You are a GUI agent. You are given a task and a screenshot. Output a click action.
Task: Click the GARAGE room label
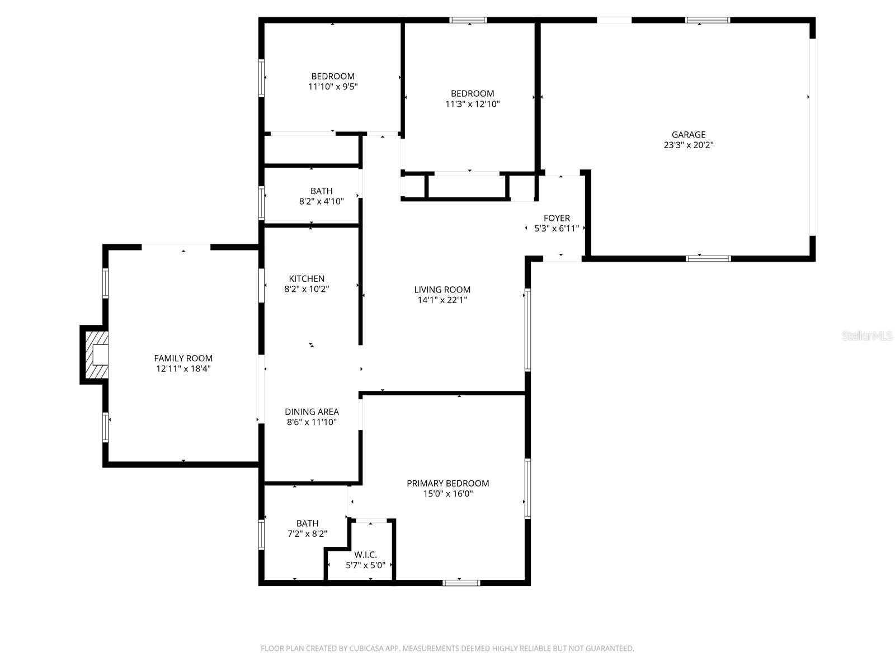689,134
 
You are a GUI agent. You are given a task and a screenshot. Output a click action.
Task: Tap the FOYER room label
557,218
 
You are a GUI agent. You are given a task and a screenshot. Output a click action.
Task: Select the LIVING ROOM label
442,289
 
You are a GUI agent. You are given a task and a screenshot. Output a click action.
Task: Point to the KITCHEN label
307,278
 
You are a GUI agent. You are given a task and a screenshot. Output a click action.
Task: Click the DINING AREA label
312,412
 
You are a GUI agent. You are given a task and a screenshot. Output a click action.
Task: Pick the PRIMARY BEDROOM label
447,483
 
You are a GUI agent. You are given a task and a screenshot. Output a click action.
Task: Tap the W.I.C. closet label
365,555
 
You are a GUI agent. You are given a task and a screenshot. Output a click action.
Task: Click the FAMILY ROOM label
183,358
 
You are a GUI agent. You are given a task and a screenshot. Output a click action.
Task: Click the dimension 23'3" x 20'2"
689,145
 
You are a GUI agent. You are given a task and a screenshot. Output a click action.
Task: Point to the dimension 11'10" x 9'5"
333,87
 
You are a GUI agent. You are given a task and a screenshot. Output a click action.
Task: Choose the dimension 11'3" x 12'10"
472,104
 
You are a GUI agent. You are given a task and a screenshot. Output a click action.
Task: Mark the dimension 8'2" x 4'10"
321,201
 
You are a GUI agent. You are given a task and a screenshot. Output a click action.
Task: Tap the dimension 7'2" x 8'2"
307,534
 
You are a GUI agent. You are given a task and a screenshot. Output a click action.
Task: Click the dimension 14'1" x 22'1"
442,300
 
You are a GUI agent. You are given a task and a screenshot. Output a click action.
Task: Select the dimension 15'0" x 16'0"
447,494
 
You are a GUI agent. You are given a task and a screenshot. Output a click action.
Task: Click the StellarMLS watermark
867,335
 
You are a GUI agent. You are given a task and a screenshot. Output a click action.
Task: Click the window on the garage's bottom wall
708,258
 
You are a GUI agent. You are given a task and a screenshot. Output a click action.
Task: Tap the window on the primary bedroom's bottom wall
461,583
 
